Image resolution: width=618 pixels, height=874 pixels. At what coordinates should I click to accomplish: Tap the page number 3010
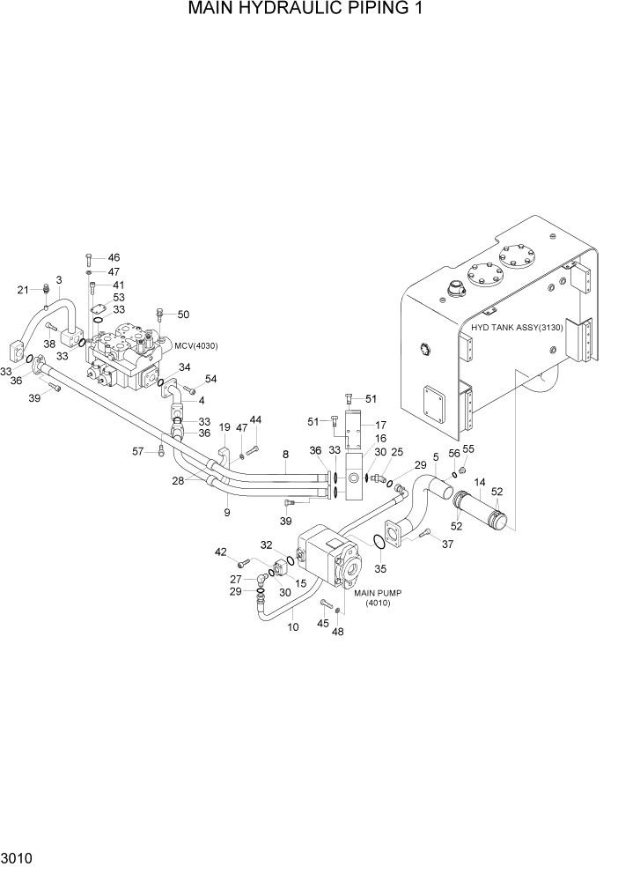tap(18, 857)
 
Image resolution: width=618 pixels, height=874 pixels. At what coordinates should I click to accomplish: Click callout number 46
tap(114, 257)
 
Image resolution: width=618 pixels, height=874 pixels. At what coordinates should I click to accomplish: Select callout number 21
tap(24, 289)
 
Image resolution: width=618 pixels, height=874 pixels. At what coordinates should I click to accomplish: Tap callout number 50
tap(183, 315)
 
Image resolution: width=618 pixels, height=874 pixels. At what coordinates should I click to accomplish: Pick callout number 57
tap(137, 451)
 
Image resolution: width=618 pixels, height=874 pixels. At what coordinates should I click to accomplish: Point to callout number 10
tap(293, 627)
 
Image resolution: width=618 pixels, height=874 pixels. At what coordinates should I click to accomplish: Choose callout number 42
tap(220, 552)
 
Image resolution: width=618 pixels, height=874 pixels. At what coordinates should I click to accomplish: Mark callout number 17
tap(381, 424)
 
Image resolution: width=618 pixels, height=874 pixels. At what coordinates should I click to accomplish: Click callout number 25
tap(397, 451)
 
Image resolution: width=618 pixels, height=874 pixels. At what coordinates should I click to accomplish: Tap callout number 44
tap(256, 419)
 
